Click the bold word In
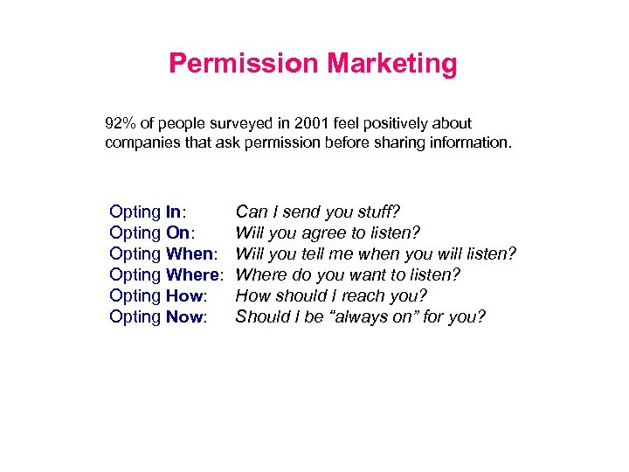[173, 212]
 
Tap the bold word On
[176, 233]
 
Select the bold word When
[189, 253]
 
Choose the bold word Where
[191, 274]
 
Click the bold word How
[183, 295]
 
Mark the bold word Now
[183, 316]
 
